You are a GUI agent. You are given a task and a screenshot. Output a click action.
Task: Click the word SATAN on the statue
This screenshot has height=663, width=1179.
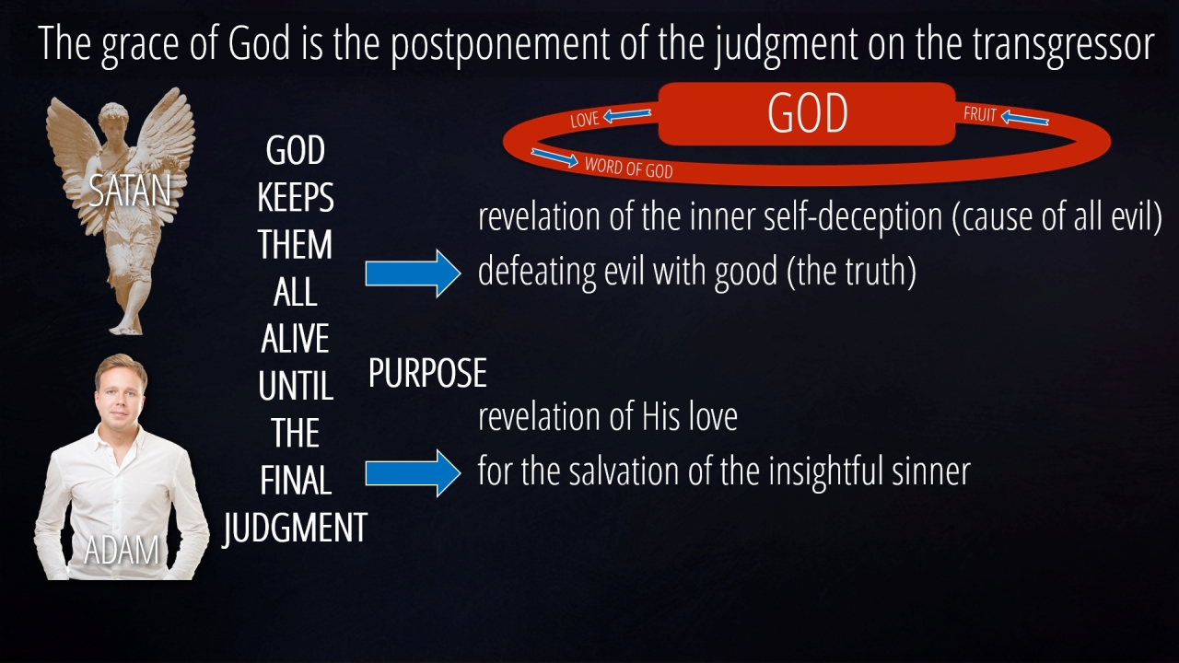[130, 191]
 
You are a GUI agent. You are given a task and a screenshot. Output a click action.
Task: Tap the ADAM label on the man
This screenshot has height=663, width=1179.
[122, 551]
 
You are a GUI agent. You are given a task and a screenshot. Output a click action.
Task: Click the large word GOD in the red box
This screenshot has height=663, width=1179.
[808, 113]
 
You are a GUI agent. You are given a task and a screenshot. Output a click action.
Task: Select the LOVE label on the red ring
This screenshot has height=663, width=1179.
[585, 120]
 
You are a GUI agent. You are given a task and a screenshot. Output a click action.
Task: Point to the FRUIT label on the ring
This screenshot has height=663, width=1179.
[980, 114]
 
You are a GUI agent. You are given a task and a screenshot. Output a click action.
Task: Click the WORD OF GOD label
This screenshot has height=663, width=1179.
[628, 168]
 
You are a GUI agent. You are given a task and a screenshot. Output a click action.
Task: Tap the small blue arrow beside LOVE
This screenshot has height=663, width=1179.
[627, 115]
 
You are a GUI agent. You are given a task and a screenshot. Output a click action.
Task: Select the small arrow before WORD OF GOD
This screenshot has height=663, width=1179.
[554, 157]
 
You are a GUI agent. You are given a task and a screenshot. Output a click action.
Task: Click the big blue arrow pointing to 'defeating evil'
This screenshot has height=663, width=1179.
[414, 273]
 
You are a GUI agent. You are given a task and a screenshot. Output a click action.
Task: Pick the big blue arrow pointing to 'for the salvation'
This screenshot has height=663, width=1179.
[414, 473]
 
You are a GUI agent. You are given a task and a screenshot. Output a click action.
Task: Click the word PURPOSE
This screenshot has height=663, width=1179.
[427, 373]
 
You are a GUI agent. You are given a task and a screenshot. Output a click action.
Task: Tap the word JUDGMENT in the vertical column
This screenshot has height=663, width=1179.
[295, 529]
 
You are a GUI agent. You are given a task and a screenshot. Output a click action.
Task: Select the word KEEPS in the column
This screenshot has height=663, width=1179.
[296, 197]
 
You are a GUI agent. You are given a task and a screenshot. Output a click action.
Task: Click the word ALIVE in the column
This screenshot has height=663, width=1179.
[296, 338]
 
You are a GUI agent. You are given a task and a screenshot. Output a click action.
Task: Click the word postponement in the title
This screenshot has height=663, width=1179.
[499, 45]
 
